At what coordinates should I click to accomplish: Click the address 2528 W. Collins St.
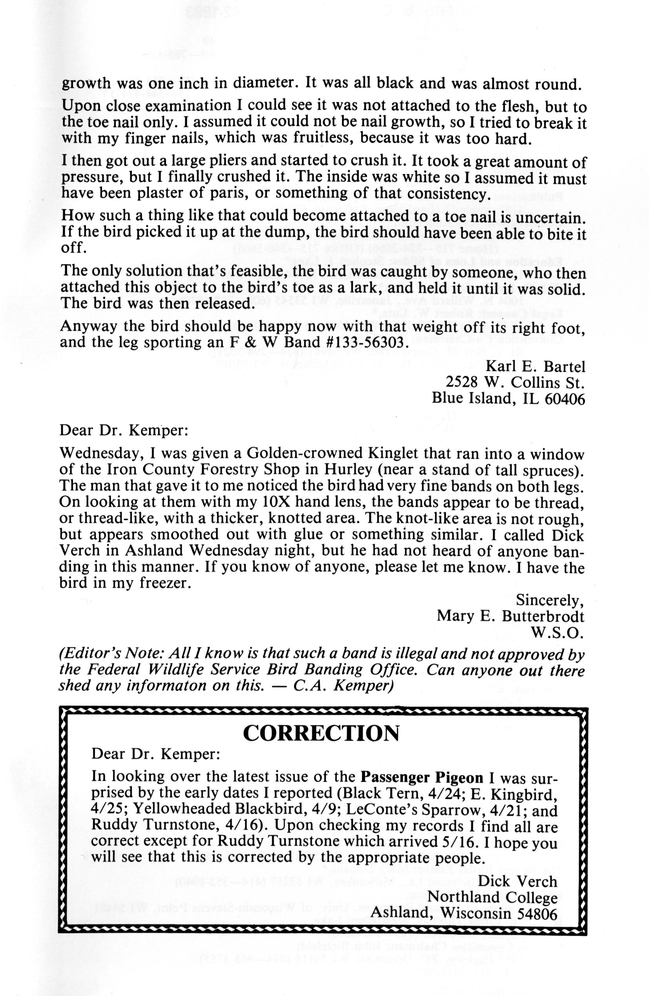coord(515,382)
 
